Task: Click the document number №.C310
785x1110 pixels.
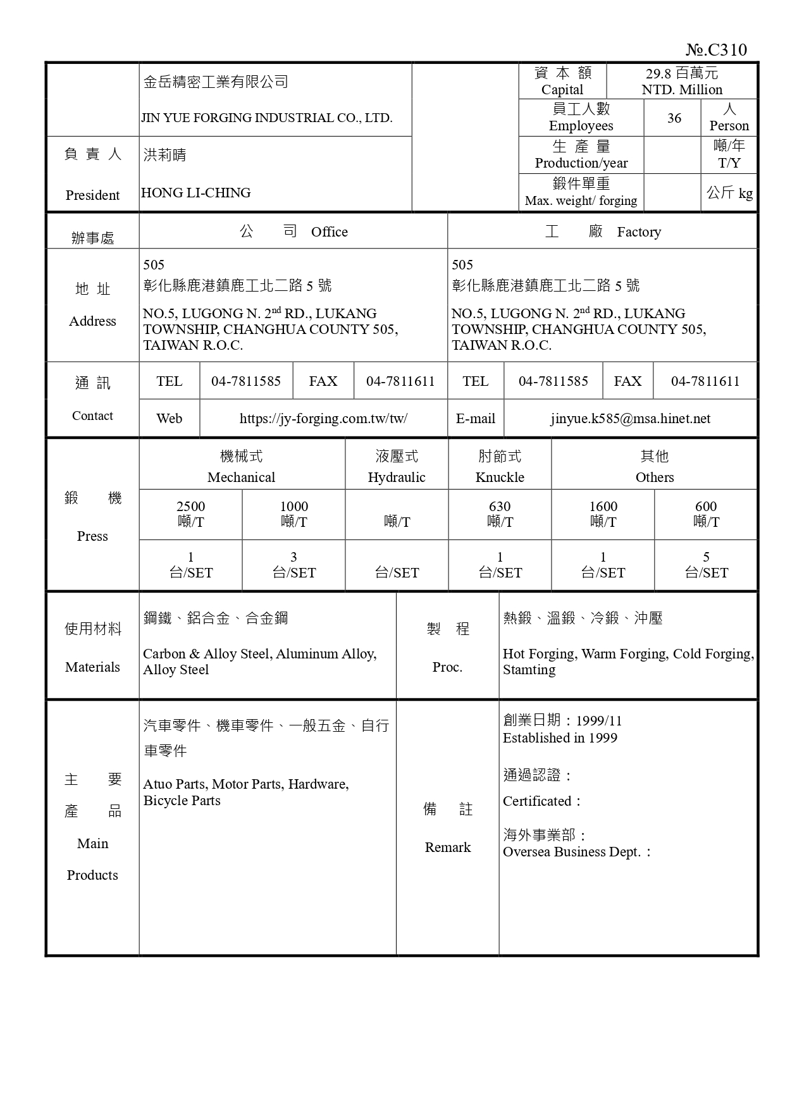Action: [x=716, y=50]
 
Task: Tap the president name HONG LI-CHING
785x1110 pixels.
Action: [x=195, y=193]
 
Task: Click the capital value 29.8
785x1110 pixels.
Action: [x=658, y=73]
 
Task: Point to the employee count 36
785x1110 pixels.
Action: [x=674, y=118]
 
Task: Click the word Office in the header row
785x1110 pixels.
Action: [x=329, y=232]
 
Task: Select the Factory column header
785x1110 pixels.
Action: [x=639, y=232]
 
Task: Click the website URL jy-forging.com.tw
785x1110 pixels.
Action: [x=323, y=419]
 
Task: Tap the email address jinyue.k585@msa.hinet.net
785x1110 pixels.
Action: [x=630, y=419]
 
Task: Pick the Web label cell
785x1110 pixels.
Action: [x=169, y=419]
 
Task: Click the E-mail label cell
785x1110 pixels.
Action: [x=475, y=419]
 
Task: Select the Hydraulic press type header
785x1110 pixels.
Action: [x=397, y=478]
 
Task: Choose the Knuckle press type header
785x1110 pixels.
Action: [x=500, y=478]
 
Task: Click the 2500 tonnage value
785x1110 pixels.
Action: [x=190, y=507]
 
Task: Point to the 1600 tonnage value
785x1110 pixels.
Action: [x=603, y=507]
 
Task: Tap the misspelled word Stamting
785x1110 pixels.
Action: [x=529, y=670]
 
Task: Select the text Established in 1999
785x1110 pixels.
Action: [x=560, y=738]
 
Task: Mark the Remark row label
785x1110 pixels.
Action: [x=447, y=848]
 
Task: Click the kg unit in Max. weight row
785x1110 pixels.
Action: [x=745, y=194]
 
